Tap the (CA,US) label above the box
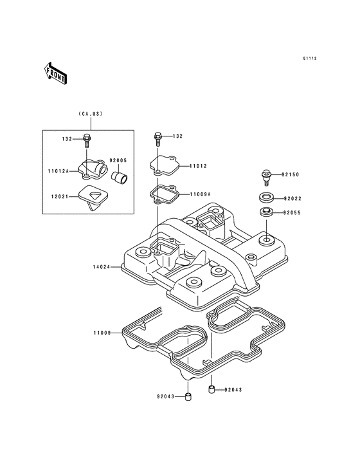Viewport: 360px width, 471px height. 91,114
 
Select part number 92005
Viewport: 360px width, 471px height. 118,161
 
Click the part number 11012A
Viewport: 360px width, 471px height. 59,171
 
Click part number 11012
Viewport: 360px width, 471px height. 198,166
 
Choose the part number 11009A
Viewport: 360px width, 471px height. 200,194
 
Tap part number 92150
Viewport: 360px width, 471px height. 290,174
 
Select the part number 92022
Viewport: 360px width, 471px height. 292,199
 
